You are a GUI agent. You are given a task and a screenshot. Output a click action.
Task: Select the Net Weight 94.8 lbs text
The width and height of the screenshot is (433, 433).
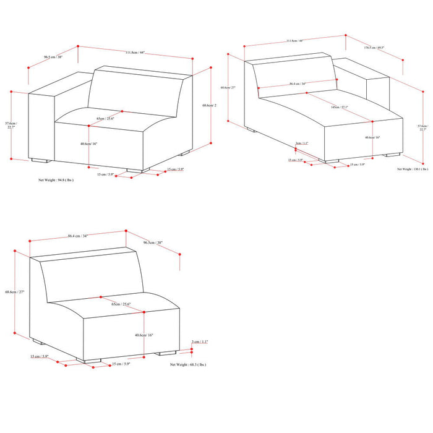pyautogui.click(x=56, y=182)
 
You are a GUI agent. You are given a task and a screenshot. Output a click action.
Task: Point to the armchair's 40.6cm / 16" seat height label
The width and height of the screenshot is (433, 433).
pyautogui.click(x=88, y=143)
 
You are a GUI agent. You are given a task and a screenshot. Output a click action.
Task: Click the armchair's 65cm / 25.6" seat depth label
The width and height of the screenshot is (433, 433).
pyautogui.click(x=106, y=118)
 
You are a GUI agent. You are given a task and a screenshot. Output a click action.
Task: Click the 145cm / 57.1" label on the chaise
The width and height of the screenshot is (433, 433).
pyautogui.click(x=339, y=107)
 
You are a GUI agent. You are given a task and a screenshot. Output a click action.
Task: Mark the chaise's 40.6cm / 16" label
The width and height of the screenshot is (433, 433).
pyautogui.click(x=373, y=137)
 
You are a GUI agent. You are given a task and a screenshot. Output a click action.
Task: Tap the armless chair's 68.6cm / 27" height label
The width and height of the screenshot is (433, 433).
pyautogui.click(x=14, y=291)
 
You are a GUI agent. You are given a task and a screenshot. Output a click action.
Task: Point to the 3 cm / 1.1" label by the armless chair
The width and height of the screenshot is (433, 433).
pyautogui.click(x=200, y=341)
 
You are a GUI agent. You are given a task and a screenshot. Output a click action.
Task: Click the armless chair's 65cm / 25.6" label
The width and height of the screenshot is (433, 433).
pyautogui.click(x=121, y=305)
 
